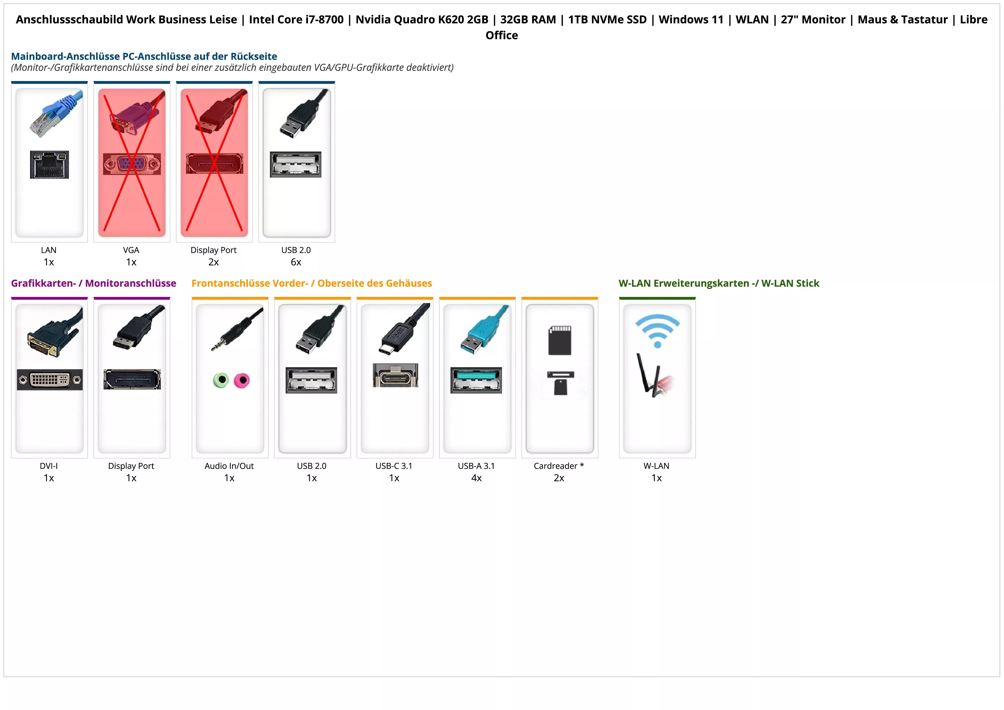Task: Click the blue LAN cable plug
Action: (57, 113)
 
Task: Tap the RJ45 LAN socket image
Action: (50, 164)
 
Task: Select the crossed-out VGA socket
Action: (132, 164)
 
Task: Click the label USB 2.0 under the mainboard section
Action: (296, 250)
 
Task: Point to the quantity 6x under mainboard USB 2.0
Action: (296, 262)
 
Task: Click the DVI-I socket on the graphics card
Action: (50, 380)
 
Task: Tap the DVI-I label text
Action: (49, 466)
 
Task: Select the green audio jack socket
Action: (221, 380)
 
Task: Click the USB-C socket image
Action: (395, 375)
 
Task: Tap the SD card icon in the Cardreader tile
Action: (560, 340)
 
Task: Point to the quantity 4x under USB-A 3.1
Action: (477, 478)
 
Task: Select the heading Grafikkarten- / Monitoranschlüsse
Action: (94, 284)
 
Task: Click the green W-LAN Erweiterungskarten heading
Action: (718, 284)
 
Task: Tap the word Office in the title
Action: (501, 36)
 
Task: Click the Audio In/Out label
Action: (229, 466)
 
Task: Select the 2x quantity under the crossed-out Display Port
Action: (214, 262)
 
